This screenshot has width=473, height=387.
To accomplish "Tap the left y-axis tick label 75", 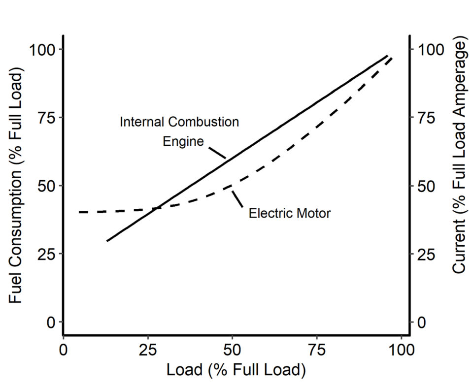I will coord(46,118).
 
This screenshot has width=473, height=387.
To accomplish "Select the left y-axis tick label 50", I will coord(46,186).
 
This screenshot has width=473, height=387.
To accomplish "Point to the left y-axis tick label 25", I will coord(46,254).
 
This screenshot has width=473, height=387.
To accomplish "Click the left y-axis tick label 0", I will coord(51,322).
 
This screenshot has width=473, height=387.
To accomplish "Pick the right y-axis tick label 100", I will coord(431,50).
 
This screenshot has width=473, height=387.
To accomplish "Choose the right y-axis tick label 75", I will coord(427,118).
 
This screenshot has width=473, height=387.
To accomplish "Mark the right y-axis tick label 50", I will coord(427,186).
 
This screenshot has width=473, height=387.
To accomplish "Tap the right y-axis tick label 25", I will coord(427,254).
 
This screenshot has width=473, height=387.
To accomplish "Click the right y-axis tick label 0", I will coord(422,322).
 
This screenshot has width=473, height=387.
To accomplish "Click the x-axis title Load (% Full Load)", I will coord(236,369).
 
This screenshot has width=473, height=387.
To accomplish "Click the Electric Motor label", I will coord(289,214).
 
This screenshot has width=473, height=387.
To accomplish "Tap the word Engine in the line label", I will coord(183,142).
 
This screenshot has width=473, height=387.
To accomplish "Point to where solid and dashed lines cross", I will coord(155,209).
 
